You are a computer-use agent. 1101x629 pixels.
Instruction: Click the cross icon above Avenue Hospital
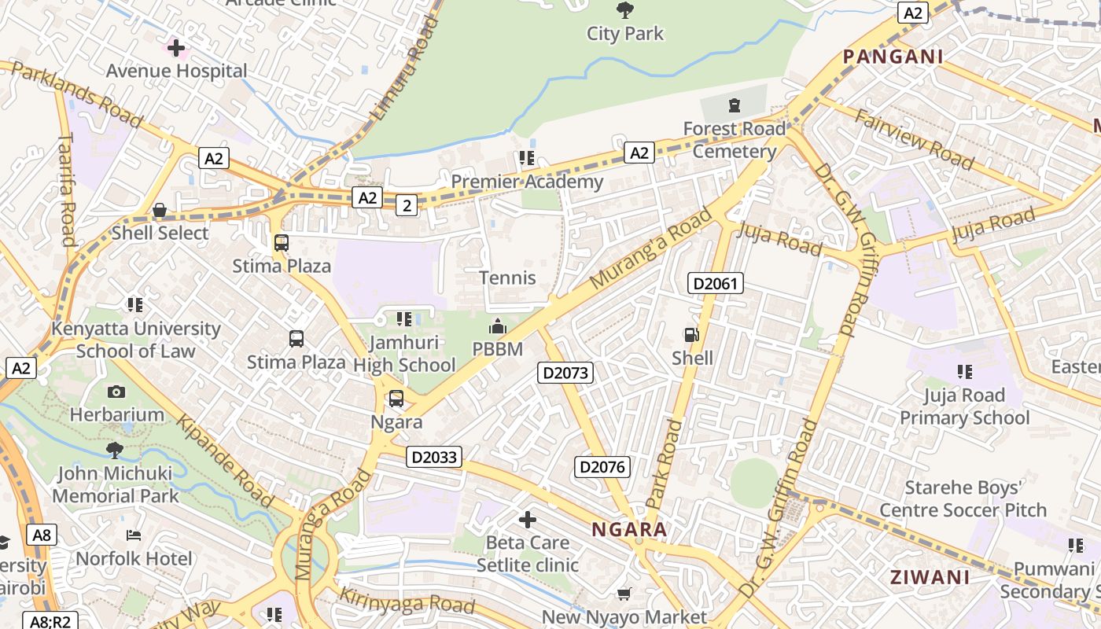coord(176,48)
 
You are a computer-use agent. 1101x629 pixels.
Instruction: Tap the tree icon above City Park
coord(625,10)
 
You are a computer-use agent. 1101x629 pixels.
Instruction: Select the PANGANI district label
coord(893,57)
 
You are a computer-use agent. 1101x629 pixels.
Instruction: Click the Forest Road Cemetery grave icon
coord(735,105)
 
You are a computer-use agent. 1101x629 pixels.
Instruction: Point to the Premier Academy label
coord(527,182)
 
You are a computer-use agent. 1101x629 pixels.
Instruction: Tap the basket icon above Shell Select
coord(160,210)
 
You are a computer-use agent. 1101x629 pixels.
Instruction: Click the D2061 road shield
coord(715,283)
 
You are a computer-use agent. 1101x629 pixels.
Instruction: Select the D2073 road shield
coord(565,373)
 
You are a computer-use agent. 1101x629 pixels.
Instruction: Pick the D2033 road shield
coord(434,457)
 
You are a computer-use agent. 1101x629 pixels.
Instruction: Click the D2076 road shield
coord(602,467)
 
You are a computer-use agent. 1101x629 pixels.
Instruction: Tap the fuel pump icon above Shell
coord(691,335)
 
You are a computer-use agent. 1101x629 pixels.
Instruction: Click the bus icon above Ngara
coord(396,399)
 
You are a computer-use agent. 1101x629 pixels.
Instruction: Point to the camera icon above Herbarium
coord(116,392)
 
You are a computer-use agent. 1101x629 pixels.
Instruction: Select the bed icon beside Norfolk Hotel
coord(134,535)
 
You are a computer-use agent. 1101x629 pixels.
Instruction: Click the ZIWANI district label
coord(930,577)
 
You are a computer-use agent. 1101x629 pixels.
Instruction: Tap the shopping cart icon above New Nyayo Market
coord(624,594)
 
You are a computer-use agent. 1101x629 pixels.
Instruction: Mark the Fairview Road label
coord(914,140)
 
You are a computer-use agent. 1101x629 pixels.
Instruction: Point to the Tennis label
coord(507,278)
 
